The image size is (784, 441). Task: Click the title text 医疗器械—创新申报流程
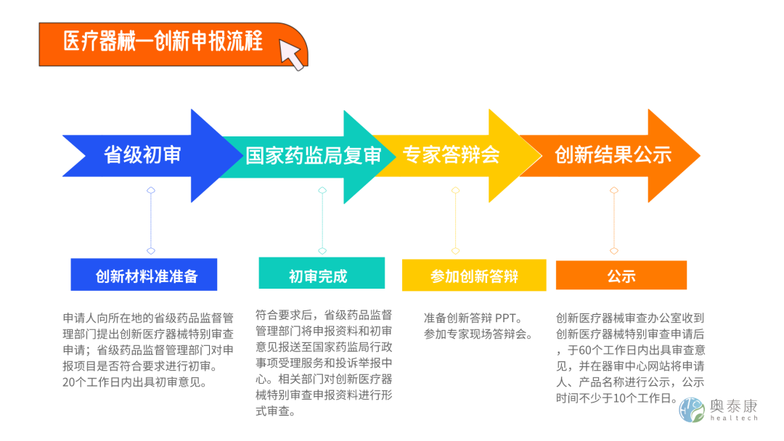tap(163, 41)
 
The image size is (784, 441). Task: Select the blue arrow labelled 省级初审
tap(142, 155)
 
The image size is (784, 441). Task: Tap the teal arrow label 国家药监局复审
tap(313, 156)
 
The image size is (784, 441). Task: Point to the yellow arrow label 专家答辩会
tap(451, 154)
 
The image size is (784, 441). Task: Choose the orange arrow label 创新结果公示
tap(613, 154)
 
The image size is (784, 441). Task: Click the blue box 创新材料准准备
tap(144, 275)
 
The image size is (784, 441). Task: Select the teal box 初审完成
tap(318, 275)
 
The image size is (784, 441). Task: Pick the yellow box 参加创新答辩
tap(474, 276)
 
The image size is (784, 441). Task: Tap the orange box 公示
tap(621, 276)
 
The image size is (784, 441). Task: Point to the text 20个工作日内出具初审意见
tap(135, 382)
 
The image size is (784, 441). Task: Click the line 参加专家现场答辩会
tap(478, 334)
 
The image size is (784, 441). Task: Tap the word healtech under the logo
tap(732, 419)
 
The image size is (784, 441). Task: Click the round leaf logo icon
tap(692, 410)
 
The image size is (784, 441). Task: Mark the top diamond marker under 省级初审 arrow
tap(151, 191)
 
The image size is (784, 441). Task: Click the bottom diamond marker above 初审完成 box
tap(322, 251)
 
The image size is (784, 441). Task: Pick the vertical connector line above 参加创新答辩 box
tap(455, 220)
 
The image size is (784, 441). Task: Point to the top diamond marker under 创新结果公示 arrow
tap(614, 191)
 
